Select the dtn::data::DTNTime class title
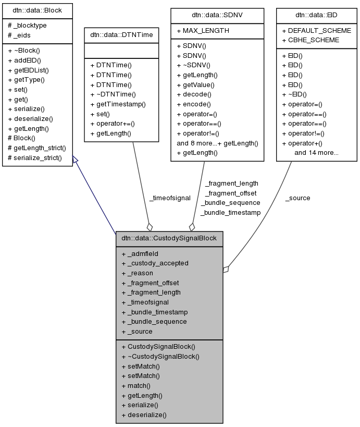click(x=121, y=34)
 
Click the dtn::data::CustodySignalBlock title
click(x=169, y=238)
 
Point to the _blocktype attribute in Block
click(x=26, y=26)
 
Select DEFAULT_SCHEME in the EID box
click(x=316, y=31)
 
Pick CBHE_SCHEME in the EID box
click(x=310, y=40)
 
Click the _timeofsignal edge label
click(x=170, y=198)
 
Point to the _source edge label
click(x=297, y=198)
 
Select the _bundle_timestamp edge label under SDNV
click(x=230, y=212)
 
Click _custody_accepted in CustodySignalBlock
click(x=155, y=263)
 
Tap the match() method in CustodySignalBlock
click(x=135, y=385)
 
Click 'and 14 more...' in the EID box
click(x=316, y=153)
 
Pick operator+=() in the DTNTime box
click(x=112, y=124)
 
